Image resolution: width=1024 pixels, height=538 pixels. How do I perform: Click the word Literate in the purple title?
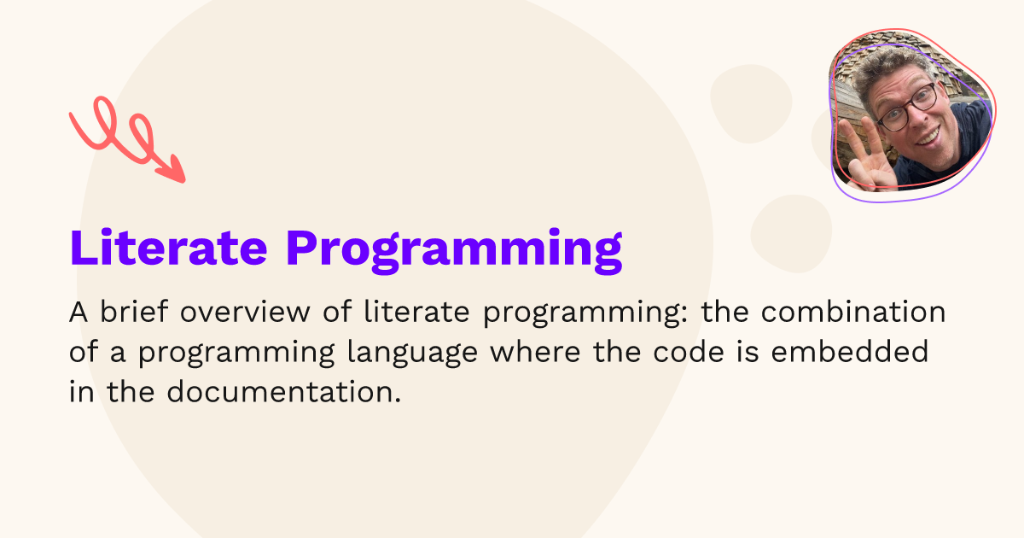coord(168,248)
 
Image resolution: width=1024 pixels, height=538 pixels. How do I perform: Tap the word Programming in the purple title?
coord(454,251)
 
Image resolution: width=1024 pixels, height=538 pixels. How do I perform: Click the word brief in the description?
coord(134,312)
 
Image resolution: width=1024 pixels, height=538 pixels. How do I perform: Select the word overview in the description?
coord(245,312)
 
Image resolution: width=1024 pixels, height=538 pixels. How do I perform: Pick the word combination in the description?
coord(853,312)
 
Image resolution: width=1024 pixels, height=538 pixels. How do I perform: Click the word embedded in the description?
coord(850,351)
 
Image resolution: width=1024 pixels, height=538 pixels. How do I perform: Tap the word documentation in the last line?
coord(284,392)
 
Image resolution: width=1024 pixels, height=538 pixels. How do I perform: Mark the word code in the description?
coord(689,351)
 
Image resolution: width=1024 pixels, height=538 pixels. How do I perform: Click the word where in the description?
coord(535,351)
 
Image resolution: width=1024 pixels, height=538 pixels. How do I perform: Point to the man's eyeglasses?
coord(908,108)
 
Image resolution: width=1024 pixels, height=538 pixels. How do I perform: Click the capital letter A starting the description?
coord(79,312)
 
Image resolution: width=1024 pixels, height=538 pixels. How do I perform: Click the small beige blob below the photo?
coord(791,234)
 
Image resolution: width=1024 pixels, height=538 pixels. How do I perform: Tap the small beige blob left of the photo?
coord(751,103)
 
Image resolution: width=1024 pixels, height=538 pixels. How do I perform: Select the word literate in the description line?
coord(417,312)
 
